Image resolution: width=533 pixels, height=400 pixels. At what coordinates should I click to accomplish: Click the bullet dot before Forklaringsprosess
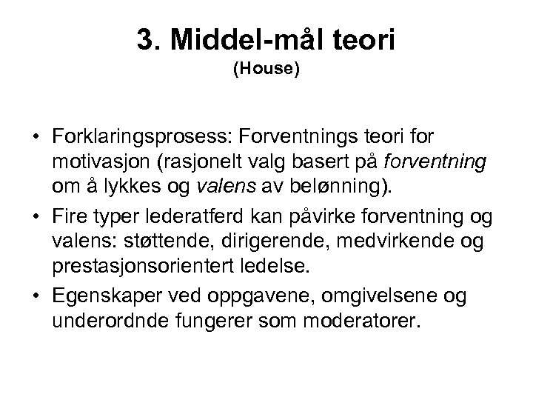[x=35, y=139]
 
